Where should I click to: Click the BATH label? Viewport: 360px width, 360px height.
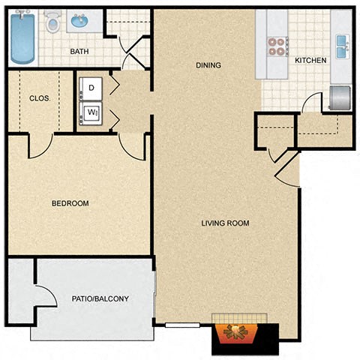pos(80,52)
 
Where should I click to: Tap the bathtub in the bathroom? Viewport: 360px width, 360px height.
pos(22,37)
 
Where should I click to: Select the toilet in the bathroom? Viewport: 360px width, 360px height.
pos(53,22)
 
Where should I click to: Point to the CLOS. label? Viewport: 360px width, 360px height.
pos(39,97)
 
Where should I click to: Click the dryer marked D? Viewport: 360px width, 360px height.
pos(91,88)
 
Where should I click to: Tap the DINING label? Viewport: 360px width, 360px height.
pos(208,65)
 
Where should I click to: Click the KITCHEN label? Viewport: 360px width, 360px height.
pos(309,61)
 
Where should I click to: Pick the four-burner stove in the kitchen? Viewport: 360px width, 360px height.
pos(277,46)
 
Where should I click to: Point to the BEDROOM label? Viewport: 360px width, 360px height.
pos(70,203)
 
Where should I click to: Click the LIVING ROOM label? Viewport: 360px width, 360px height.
pos(225,223)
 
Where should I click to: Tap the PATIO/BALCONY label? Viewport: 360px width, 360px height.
pos(100,298)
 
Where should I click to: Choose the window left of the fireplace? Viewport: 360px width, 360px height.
pos(182,325)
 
